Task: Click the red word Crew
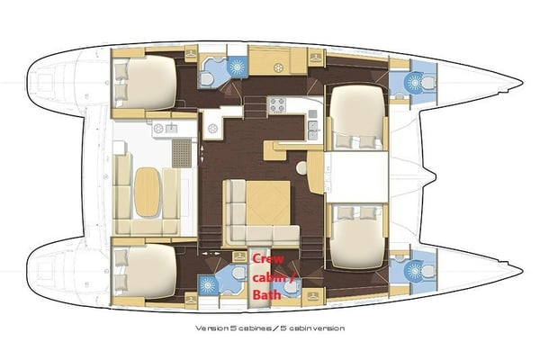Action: (x=267, y=258)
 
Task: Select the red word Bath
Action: (x=268, y=293)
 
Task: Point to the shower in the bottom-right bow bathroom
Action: (x=414, y=268)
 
